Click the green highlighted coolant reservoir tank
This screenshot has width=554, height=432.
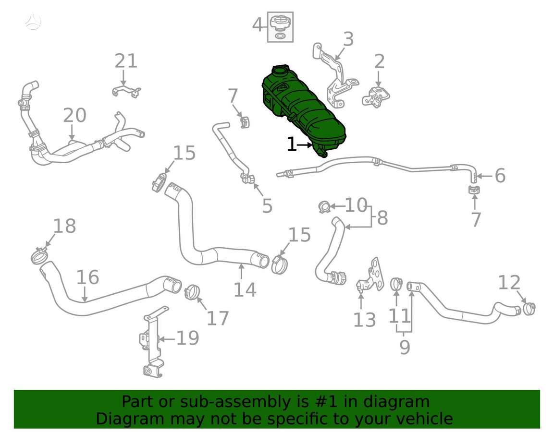[x=303, y=109]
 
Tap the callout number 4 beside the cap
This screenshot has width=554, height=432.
[x=258, y=24]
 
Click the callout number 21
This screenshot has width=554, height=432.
[x=126, y=61]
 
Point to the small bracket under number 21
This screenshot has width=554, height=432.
[x=127, y=91]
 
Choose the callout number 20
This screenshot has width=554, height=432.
[x=74, y=115]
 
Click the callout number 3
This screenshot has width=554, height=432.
[x=348, y=39]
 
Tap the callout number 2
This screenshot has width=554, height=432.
[x=379, y=62]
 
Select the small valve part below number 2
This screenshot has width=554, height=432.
[x=376, y=96]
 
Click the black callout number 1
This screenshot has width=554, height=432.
[x=292, y=144]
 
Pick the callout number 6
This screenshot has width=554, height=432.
[x=500, y=176]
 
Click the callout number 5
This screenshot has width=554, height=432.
[x=267, y=206]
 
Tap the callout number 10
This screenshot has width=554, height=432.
[x=356, y=205]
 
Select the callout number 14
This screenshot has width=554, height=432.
[x=245, y=289]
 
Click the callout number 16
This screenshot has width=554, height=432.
[x=87, y=277]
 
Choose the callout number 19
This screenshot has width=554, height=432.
[x=187, y=338]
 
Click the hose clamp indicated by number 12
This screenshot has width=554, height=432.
[x=529, y=309]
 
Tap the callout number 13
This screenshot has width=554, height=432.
[x=365, y=320]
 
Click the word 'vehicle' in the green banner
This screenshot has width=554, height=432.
[x=425, y=419]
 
